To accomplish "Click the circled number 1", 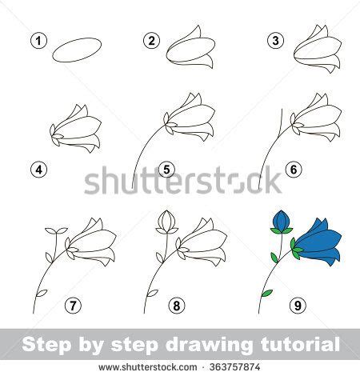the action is (x=39, y=41).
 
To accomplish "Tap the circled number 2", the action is (x=151, y=41).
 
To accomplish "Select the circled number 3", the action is (x=275, y=41).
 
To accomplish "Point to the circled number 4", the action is (x=39, y=170).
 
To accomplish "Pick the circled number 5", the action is (x=166, y=170).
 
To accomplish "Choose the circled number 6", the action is (x=294, y=170).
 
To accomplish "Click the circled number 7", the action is (x=73, y=306).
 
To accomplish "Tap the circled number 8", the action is (x=177, y=306).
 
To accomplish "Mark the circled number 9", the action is (x=298, y=305).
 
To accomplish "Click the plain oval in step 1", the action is (x=77, y=50).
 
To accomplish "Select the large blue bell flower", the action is (x=318, y=242).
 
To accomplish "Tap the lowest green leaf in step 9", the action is (x=267, y=293).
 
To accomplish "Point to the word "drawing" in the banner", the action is (x=208, y=346).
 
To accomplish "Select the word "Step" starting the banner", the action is (x=47, y=346).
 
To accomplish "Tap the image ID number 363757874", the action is (x=235, y=367).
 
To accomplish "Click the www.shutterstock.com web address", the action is (x=148, y=367).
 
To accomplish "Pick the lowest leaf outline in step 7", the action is (x=42, y=293).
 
